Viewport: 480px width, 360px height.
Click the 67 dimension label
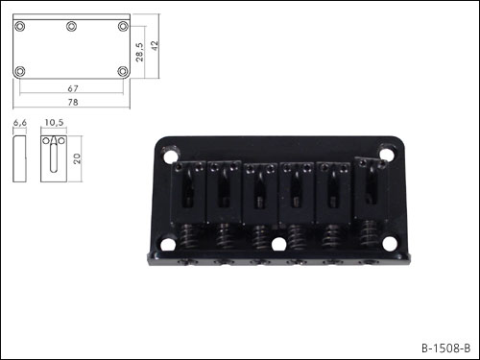[73, 88]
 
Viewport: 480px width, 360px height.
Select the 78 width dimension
[73, 102]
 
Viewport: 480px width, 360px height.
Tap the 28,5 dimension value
[139, 52]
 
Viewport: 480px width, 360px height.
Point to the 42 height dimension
[155, 45]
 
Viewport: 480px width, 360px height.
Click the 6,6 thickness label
[20, 123]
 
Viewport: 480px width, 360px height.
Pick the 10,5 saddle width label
[54, 122]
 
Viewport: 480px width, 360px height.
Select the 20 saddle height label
[77, 158]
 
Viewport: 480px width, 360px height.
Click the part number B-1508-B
[445, 348]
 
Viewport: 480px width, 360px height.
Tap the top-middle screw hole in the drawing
[71, 26]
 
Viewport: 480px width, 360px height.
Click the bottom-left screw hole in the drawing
[20, 71]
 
